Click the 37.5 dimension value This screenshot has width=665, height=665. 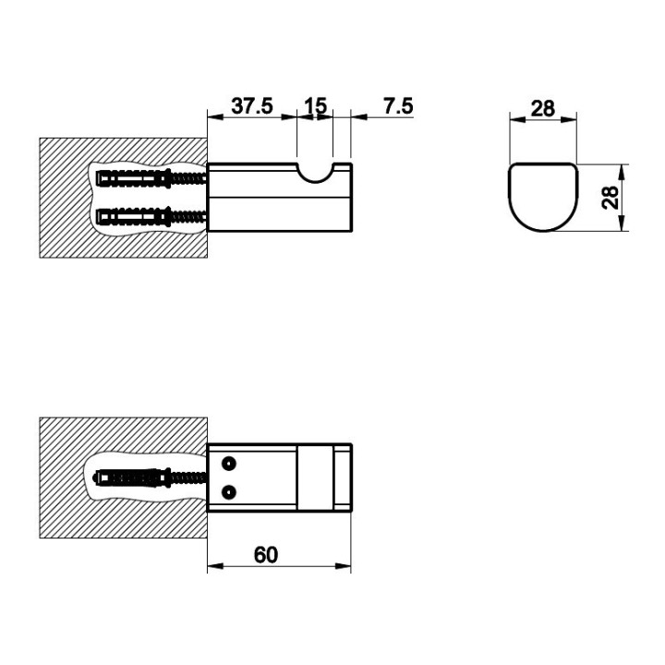[x=252, y=105]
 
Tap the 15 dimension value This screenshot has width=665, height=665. [x=316, y=105]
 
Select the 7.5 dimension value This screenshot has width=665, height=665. [x=398, y=105]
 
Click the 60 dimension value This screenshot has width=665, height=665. [x=266, y=555]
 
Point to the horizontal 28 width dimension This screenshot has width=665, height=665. [x=543, y=109]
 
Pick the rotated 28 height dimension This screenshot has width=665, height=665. [x=611, y=198]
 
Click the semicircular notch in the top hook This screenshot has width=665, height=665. [x=315, y=174]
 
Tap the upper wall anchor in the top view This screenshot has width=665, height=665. [x=151, y=178]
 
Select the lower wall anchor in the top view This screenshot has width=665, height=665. [x=151, y=217]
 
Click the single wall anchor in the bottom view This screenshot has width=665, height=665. [x=150, y=478]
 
